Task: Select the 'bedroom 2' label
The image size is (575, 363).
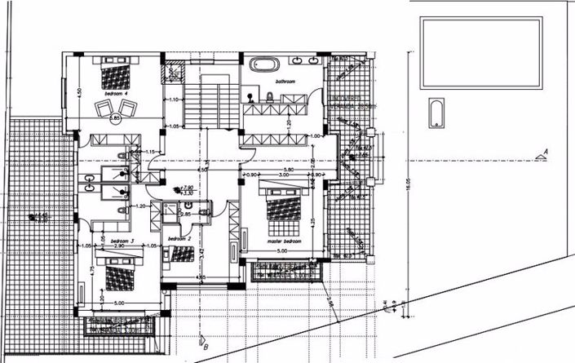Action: click(179, 239)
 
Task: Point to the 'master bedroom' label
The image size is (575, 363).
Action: click(283, 241)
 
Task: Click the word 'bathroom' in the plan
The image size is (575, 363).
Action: click(285, 82)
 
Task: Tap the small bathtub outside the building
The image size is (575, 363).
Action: click(436, 112)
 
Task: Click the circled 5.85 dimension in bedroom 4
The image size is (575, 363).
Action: click(115, 118)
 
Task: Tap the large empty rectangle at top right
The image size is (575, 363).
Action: click(480, 54)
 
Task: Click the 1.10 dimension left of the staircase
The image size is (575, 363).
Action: click(173, 100)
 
